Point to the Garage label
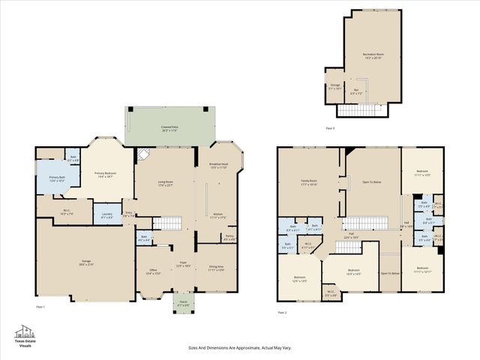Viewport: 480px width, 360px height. click(x=86, y=262)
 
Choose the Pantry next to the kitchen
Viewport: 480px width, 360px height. click(x=229, y=238)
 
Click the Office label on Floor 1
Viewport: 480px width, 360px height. click(x=152, y=271)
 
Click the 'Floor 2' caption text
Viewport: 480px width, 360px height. click(x=282, y=312)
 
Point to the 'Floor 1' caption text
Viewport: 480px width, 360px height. click(x=40, y=307)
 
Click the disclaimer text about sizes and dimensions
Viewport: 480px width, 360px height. click(x=239, y=348)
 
